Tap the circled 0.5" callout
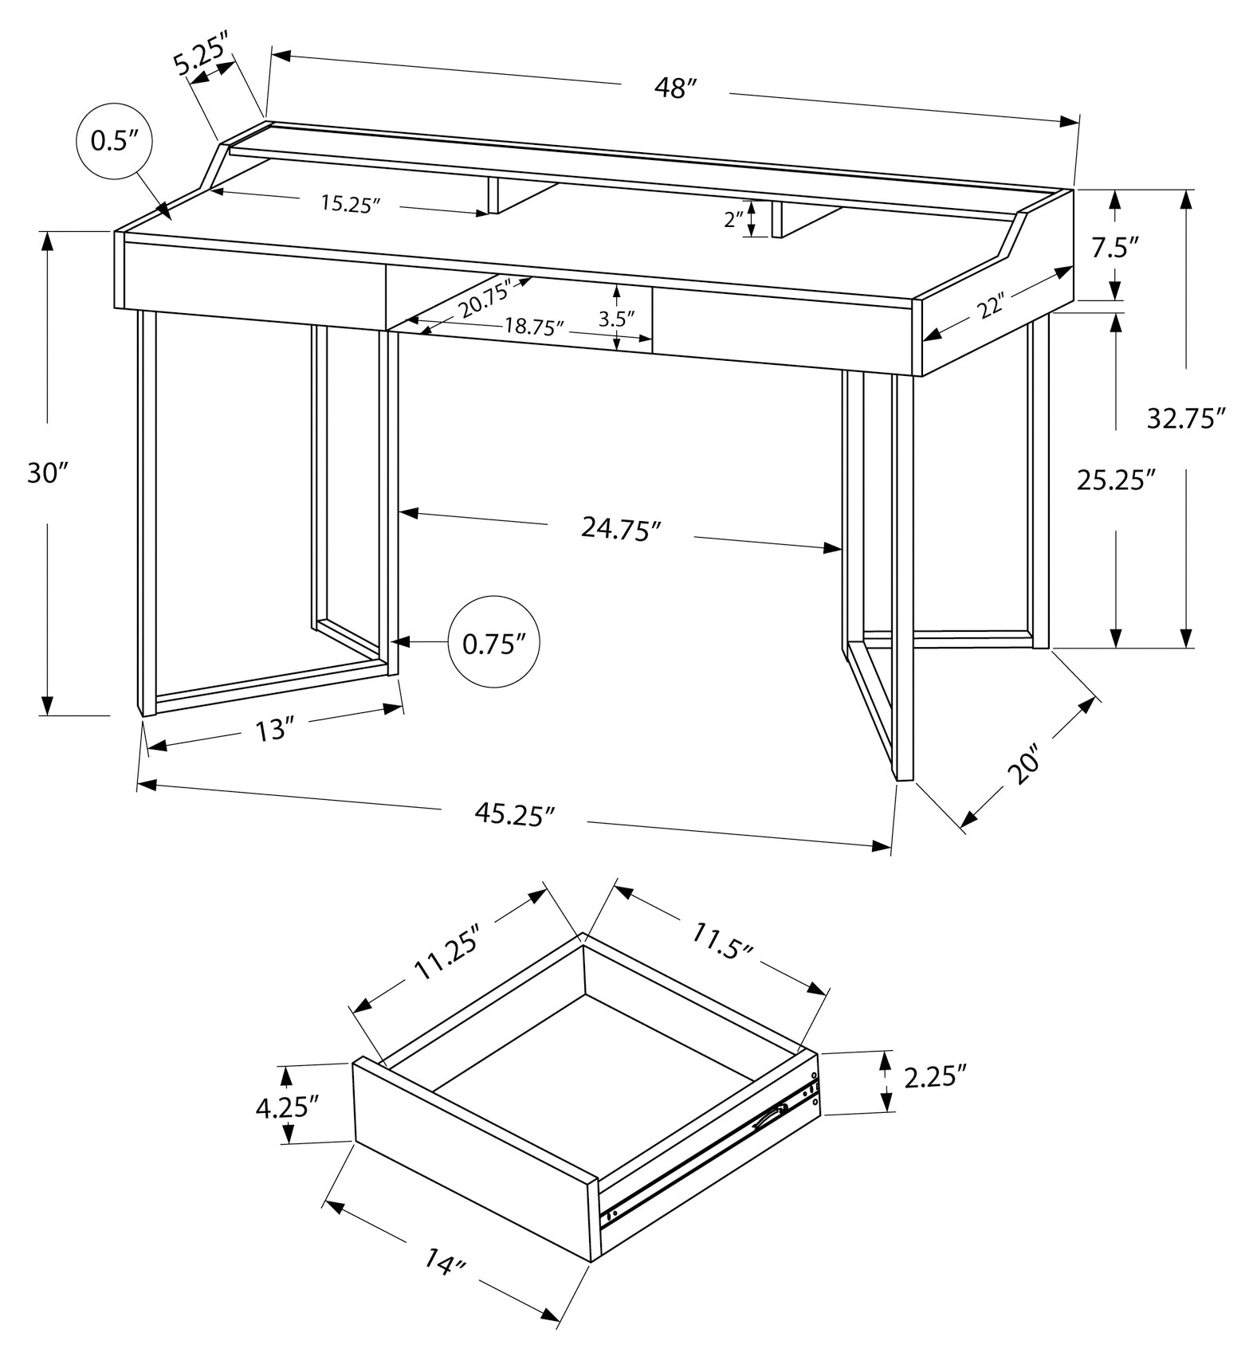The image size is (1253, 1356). pyautogui.click(x=114, y=141)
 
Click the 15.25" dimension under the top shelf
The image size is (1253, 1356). pyautogui.click(x=350, y=204)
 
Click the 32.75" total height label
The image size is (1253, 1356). pyautogui.click(x=1185, y=417)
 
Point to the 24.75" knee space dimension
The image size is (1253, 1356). pyautogui.click(x=621, y=528)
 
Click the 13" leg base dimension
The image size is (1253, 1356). pyautogui.click(x=271, y=728)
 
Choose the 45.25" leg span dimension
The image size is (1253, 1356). pyautogui.click(x=514, y=813)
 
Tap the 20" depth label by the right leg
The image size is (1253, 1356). pyautogui.click(x=1024, y=765)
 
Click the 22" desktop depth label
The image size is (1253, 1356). pyautogui.click(x=992, y=305)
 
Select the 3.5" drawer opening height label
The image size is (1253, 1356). pyautogui.click(x=616, y=319)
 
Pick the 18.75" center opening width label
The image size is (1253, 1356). pyautogui.click(x=533, y=327)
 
